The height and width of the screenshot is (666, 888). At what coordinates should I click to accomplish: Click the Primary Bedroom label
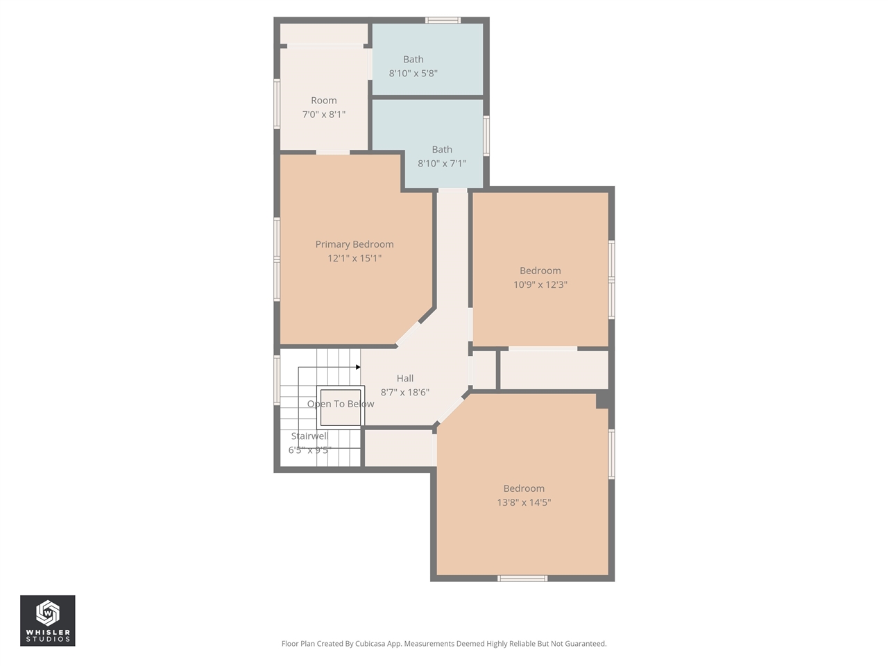coord(354,244)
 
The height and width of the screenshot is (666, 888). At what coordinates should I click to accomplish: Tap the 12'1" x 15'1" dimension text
coord(355,258)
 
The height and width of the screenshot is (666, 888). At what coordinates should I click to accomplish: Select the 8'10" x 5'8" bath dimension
coord(413,74)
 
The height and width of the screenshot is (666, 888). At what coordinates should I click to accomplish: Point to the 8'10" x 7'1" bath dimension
coord(442,164)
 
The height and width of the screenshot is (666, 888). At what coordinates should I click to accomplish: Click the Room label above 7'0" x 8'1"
coord(324,101)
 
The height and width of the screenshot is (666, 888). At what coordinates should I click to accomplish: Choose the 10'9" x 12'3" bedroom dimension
coord(540,284)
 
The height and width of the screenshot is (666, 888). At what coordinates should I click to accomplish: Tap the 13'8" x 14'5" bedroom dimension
coord(524,502)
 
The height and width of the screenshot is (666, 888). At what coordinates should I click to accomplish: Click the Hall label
coord(405,378)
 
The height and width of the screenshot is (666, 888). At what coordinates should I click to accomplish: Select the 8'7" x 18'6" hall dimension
coord(405,393)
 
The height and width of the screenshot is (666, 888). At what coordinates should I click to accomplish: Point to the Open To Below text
coord(341,404)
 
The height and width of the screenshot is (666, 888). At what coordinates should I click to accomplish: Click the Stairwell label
coord(309,436)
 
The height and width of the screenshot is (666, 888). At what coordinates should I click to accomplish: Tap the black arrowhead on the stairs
coord(358,367)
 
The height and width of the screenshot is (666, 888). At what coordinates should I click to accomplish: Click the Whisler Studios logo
coord(47,621)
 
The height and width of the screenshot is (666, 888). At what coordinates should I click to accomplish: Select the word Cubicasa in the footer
coord(371,644)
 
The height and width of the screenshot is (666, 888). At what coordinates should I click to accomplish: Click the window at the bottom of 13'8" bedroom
coord(522,578)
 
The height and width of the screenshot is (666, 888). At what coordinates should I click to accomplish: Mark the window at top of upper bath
coord(443,20)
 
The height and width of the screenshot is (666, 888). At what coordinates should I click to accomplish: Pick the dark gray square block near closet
coord(603,400)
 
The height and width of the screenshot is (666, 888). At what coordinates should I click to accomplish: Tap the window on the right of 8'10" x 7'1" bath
coord(486,135)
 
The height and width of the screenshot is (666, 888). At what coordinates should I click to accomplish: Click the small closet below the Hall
coord(398,448)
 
